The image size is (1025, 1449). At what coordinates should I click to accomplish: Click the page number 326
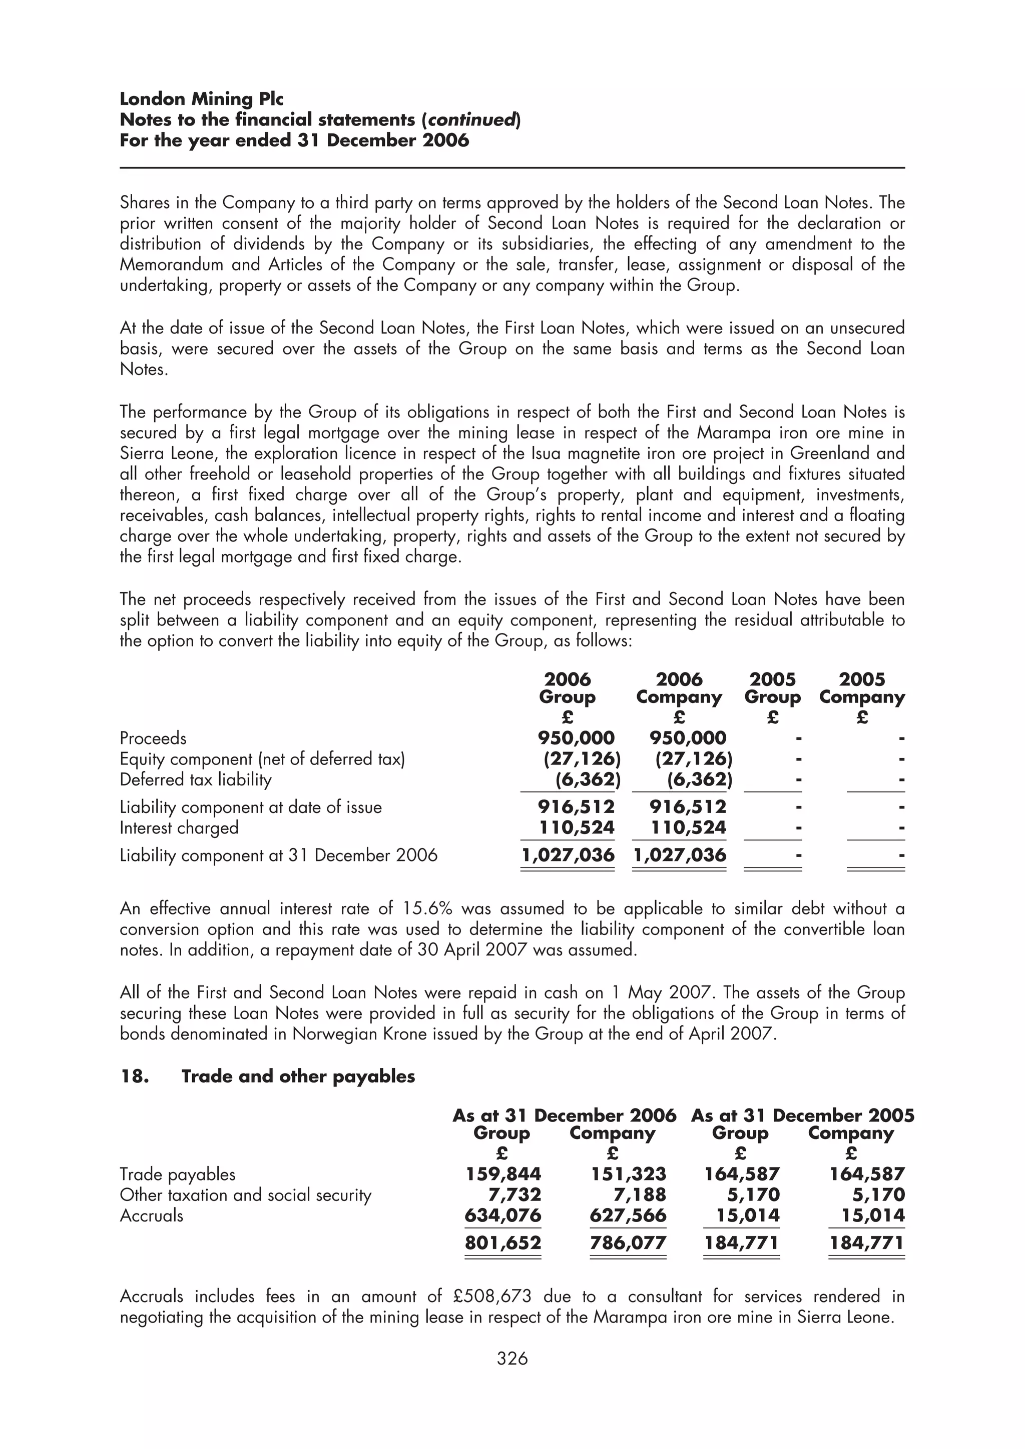(512, 1358)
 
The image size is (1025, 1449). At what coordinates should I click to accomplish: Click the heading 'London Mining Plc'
(202, 99)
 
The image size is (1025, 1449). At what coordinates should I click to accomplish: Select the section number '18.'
(134, 1076)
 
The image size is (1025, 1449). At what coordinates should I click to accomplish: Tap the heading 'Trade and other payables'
(298, 1076)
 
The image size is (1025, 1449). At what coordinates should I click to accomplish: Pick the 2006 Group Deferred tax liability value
(588, 779)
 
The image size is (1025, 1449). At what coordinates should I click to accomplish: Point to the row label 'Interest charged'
(179, 827)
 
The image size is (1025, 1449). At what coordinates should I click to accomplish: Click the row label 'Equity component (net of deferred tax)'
(262, 758)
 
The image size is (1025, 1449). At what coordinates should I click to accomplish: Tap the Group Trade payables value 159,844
(503, 1174)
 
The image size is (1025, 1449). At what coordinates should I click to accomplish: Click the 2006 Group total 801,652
(503, 1242)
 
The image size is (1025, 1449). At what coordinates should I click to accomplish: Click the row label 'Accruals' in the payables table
(152, 1215)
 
